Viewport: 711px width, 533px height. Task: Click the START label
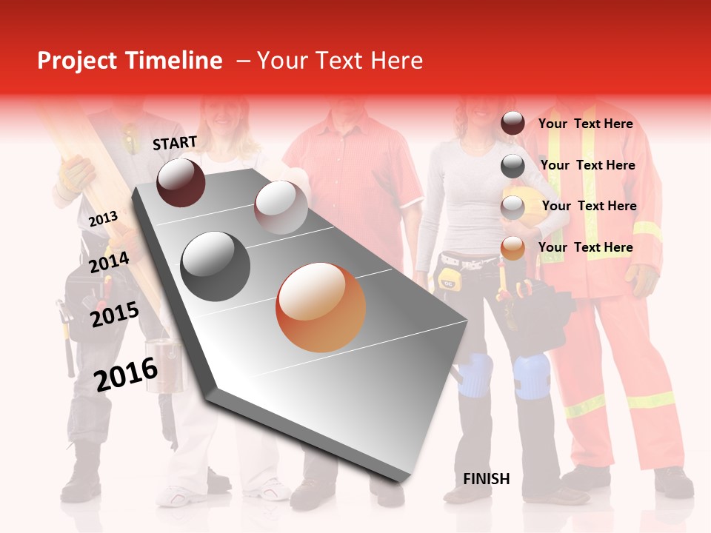175,143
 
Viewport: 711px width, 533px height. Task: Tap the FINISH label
487,479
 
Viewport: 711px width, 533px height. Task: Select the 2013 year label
103,218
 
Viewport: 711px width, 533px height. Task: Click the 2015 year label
114,315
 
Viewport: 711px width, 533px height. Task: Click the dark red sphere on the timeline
181,182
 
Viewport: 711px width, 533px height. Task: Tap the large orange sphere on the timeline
321,307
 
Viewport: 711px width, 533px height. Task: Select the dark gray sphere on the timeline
216,266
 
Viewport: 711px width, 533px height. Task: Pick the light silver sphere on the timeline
281,207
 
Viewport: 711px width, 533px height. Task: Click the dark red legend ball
513,124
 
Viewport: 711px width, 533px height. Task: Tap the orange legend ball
513,248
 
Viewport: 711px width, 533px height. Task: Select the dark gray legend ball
513,166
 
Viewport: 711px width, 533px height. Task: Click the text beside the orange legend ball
585,247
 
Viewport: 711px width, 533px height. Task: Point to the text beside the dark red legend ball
585,124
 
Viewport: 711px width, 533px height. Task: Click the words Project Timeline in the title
130,61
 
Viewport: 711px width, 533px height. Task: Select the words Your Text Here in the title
339,61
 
